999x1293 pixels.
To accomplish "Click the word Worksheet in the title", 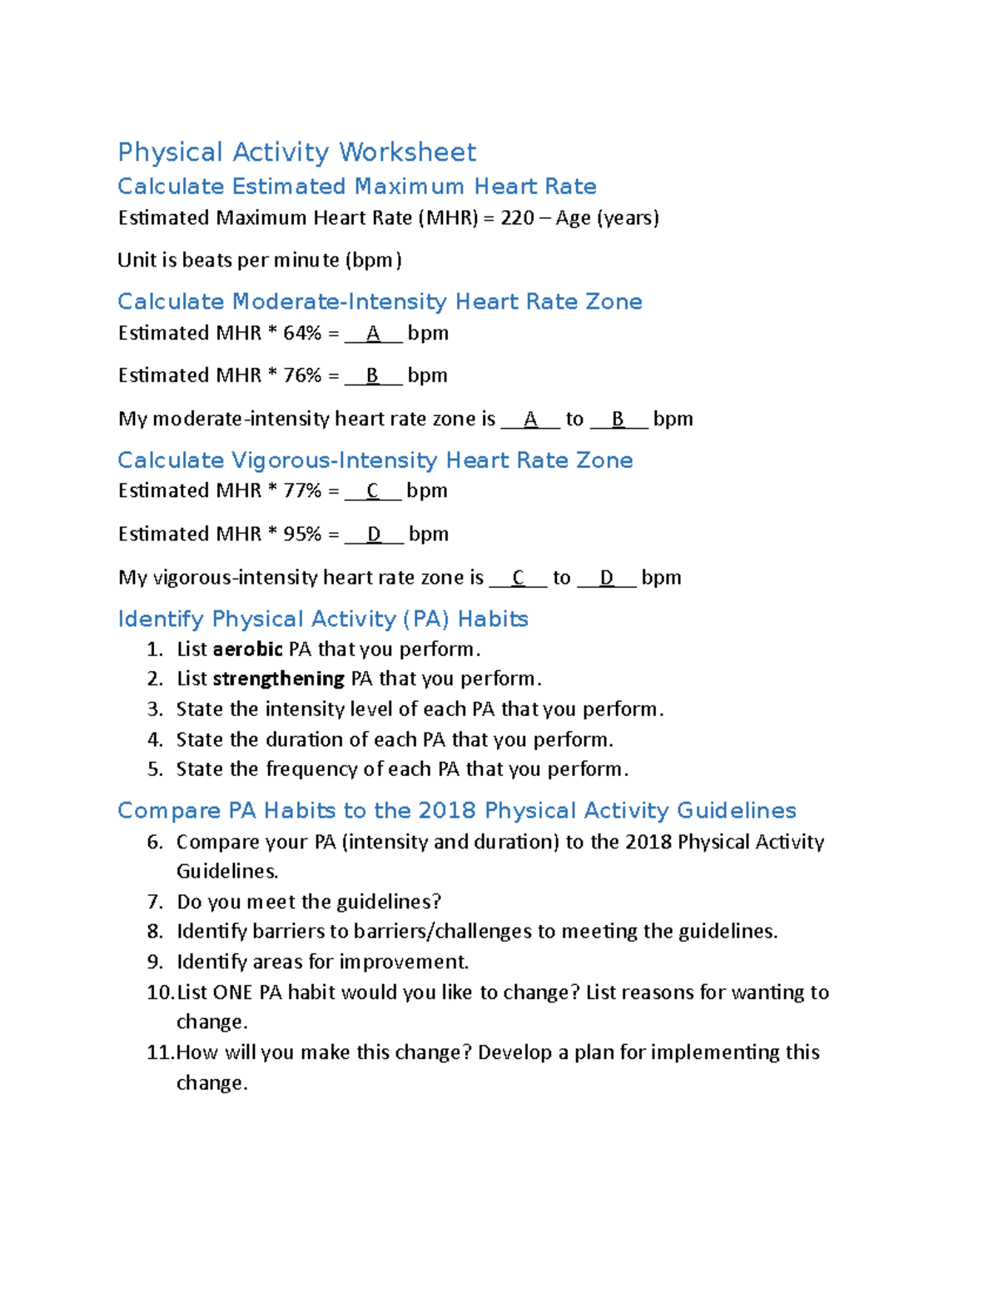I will [407, 152].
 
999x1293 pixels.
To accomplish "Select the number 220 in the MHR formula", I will [517, 218].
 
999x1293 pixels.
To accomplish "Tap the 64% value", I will [302, 333].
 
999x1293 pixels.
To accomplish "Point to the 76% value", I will [302, 375].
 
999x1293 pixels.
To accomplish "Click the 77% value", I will [302, 490].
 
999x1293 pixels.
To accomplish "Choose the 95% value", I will [302, 534].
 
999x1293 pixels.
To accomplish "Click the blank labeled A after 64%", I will [373, 334].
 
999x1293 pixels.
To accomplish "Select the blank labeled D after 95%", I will [375, 535].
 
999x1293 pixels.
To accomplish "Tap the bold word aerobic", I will [248, 649].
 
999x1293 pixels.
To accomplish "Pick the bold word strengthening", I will [278, 679].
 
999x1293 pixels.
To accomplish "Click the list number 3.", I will [155, 709].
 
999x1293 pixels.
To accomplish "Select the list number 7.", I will [155, 902].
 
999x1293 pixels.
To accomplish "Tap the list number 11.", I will [159, 1052].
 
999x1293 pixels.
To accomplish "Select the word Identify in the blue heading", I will [161, 619].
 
